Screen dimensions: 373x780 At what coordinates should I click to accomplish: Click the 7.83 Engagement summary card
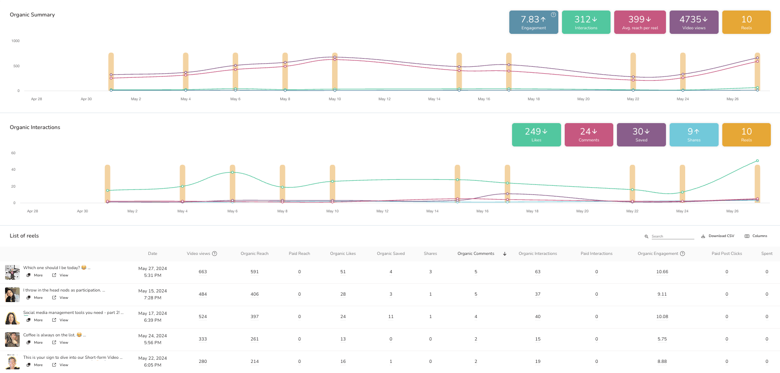point(533,22)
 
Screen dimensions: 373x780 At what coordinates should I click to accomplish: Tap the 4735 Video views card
point(693,22)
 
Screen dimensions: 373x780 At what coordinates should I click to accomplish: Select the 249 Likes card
point(536,135)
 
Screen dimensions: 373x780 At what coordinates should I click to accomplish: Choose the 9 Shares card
point(693,135)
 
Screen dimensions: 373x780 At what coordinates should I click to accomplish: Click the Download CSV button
point(718,236)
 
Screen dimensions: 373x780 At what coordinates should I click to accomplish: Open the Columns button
point(756,236)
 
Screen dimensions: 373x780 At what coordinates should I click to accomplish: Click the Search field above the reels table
point(672,236)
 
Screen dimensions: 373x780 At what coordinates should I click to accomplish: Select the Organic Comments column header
point(475,254)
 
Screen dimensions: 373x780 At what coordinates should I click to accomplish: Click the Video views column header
point(198,254)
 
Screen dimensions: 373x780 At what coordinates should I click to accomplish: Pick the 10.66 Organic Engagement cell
point(662,272)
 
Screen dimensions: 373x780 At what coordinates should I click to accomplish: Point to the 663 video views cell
point(202,272)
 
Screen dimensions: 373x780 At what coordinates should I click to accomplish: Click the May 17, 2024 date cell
point(153,317)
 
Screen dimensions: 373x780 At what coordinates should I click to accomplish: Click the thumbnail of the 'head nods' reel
point(12,294)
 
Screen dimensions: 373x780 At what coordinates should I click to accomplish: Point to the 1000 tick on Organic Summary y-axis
point(16,41)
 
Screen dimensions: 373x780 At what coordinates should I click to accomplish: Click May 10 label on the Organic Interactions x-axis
point(332,211)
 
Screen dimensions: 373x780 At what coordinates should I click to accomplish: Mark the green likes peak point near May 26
point(757,161)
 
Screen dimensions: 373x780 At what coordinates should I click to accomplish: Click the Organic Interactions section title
point(35,127)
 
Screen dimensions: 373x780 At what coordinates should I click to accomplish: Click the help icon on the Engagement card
point(553,15)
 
